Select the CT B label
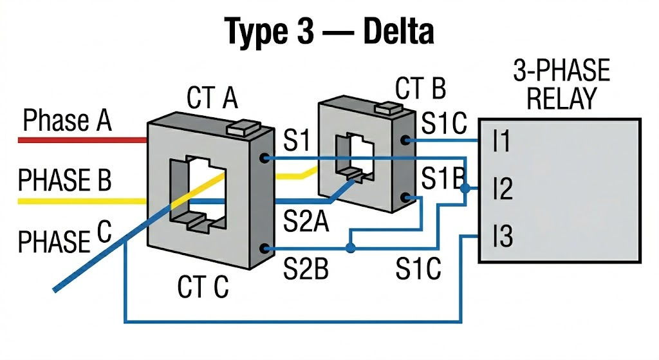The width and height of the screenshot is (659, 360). (x=420, y=89)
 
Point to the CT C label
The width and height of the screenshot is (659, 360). (x=203, y=287)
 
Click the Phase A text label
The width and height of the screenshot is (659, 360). (x=67, y=120)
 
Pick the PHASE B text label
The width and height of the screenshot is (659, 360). (x=64, y=181)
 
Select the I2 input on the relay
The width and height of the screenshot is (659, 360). (x=502, y=190)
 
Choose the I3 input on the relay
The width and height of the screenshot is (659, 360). (x=502, y=237)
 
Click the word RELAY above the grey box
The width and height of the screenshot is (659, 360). (x=561, y=99)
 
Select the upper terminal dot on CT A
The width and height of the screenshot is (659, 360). (x=264, y=157)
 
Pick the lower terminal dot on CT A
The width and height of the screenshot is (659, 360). (x=264, y=248)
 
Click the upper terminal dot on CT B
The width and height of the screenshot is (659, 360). (x=405, y=140)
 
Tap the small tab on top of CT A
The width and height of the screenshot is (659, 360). (x=244, y=127)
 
